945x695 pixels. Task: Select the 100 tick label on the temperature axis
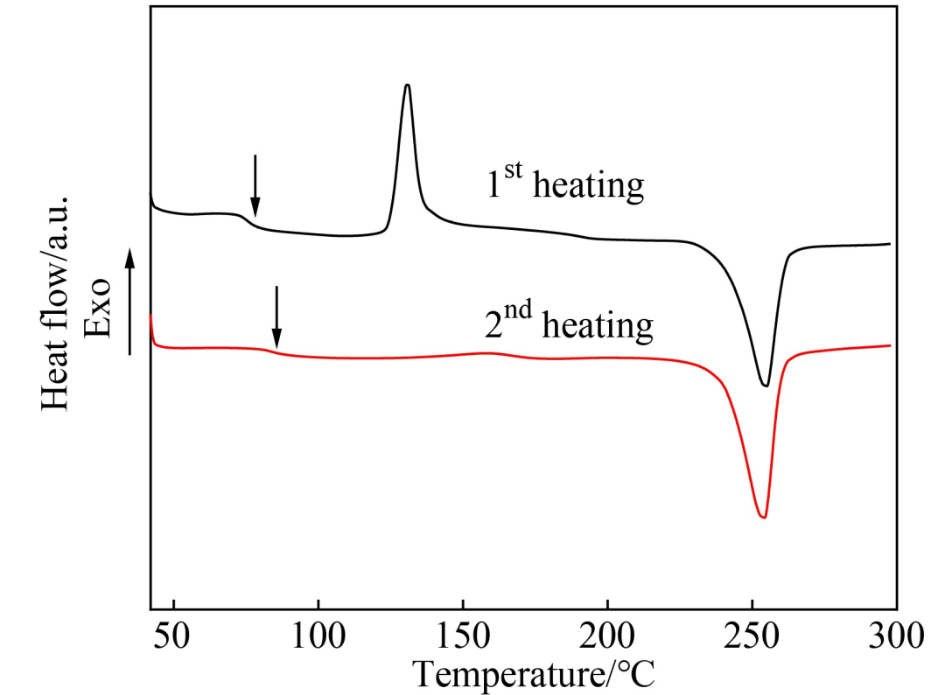point(318,635)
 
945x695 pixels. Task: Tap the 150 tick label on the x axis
point(463,635)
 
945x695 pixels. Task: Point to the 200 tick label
point(607,635)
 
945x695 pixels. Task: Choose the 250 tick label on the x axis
point(752,635)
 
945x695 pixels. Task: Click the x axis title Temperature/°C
point(533,674)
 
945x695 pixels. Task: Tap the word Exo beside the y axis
point(97,309)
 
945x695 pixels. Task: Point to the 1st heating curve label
point(565,186)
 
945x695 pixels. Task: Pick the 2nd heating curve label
point(569,325)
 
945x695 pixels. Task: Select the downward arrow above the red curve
point(276,317)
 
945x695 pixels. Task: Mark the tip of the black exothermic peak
point(407,85)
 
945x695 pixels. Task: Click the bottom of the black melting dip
point(766,386)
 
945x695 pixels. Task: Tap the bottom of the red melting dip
point(764,518)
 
